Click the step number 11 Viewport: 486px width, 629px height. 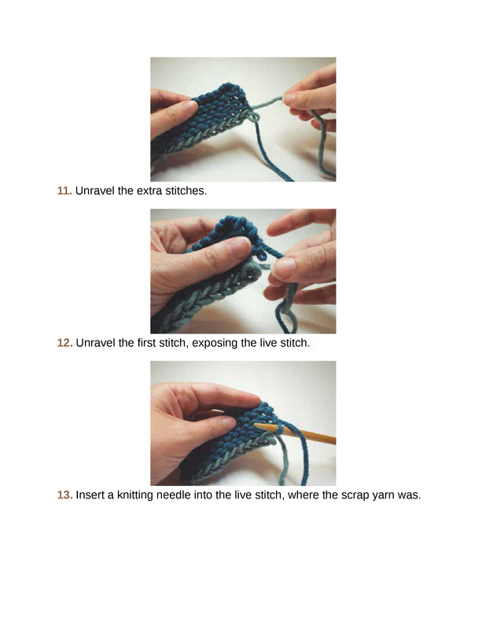pyautogui.click(x=64, y=190)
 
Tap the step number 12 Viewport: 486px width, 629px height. pyautogui.click(x=64, y=343)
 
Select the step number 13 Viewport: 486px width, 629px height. pyautogui.click(x=64, y=495)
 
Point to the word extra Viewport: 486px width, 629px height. pyautogui.click(x=149, y=190)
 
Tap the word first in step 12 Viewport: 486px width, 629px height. pyautogui.click(x=146, y=343)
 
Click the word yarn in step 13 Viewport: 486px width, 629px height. pyautogui.click(x=383, y=495)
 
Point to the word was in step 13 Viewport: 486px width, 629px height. pyautogui.click(x=409, y=495)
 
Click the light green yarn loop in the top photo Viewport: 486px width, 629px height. pyautogui.click(x=252, y=116)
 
